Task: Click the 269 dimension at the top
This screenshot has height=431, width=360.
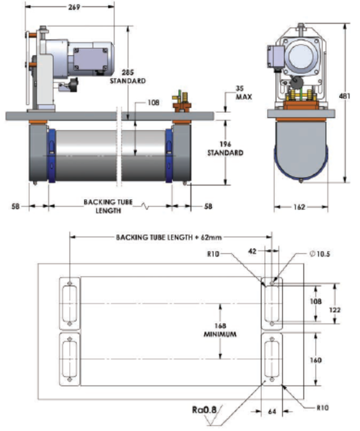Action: [74, 7]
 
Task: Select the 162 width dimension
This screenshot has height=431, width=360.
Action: [300, 207]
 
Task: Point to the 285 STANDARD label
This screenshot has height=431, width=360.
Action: [128, 76]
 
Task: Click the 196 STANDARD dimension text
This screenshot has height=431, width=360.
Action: [226, 149]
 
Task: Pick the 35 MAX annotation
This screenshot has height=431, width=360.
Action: [243, 92]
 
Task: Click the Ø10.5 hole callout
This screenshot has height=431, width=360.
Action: [319, 254]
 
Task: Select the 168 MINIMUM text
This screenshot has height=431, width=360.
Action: [220, 330]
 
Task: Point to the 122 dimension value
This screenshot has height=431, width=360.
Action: [335, 310]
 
